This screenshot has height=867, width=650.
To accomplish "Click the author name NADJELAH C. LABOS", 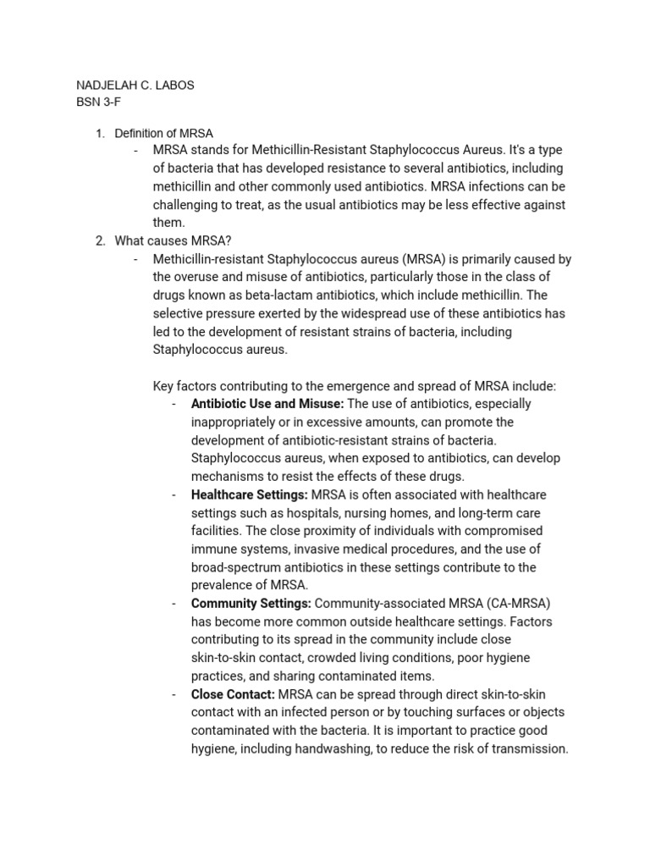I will coord(135,86).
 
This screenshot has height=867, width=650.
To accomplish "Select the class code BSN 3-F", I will coord(100,102).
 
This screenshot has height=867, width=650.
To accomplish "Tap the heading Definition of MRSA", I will coord(163,133).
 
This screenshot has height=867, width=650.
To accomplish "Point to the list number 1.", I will coord(98,133).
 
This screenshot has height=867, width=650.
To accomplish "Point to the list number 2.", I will coord(99,241).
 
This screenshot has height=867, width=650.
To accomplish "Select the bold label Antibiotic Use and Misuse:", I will coord(267,404).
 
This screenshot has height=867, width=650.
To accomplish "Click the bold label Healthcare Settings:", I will coord(250,494).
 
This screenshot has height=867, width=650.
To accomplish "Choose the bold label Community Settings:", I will coord(251,603).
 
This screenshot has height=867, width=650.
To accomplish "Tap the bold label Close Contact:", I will coord(233,694).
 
